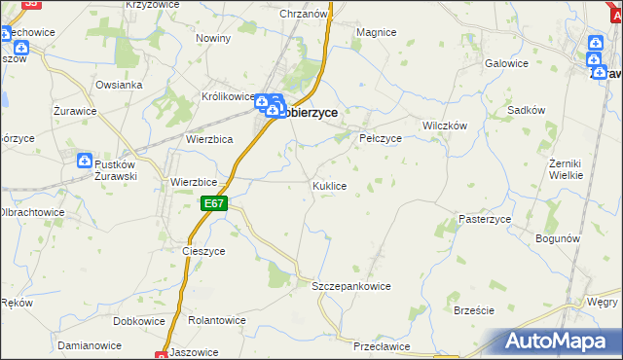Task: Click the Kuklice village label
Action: [x=328, y=185]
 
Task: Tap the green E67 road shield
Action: [x=215, y=203]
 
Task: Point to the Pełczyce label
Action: [x=381, y=138]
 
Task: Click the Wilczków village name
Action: [x=445, y=126]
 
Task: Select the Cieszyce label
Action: [x=203, y=250]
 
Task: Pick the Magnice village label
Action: [x=376, y=32]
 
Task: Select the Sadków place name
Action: [x=526, y=111]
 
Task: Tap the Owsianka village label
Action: [x=119, y=85]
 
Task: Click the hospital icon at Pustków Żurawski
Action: [x=85, y=160]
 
